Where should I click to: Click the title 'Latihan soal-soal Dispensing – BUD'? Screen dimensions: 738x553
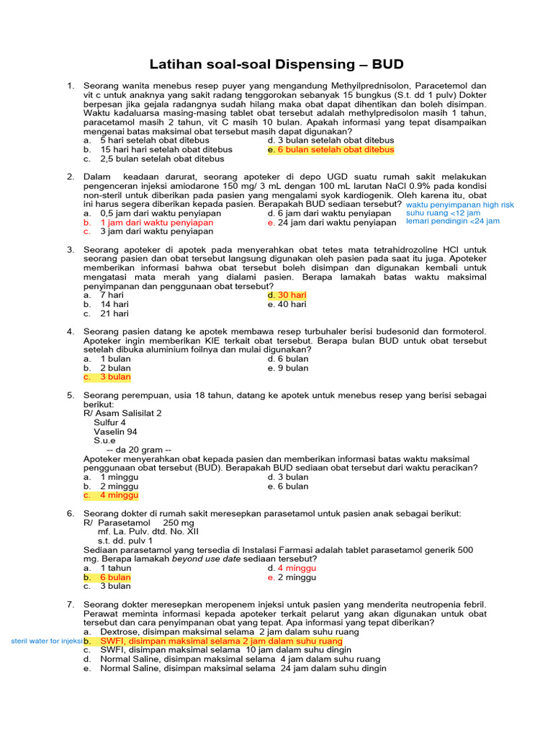[x=276, y=64]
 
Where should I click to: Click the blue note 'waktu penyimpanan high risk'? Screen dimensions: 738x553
[x=460, y=205]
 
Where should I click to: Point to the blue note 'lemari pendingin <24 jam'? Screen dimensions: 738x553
[x=452, y=221]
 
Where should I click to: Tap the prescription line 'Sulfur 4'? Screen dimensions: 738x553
[x=110, y=422]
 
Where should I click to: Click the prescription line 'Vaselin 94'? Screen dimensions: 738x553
[x=115, y=432]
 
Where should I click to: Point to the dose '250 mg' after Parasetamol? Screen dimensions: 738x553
[x=179, y=523]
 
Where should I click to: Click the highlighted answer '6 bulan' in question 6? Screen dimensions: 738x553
[x=115, y=577]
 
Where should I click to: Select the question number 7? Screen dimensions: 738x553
[x=71, y=604]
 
